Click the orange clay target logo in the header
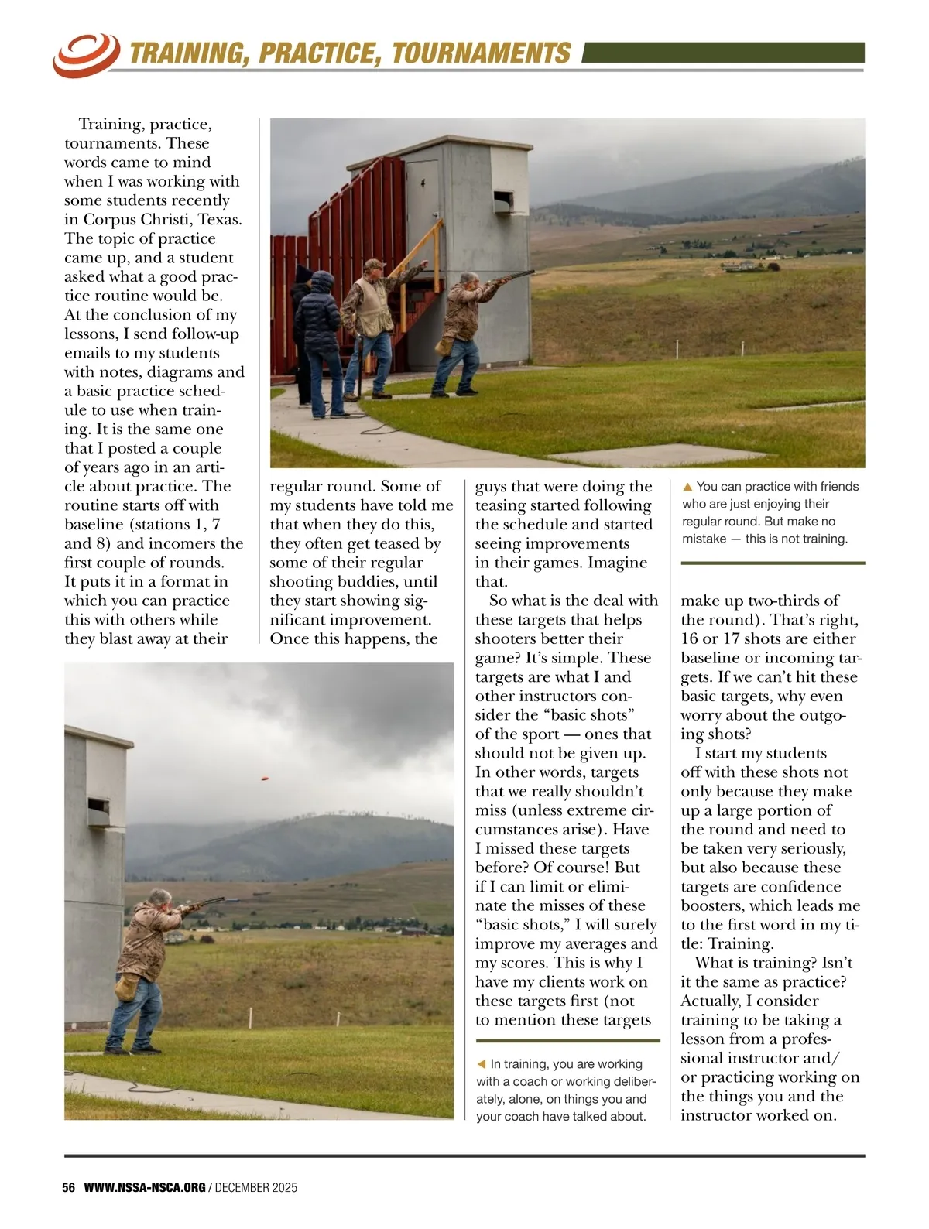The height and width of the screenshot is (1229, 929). click(x=85, y=54)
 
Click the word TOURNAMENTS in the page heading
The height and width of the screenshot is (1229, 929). click(x=481, y=53)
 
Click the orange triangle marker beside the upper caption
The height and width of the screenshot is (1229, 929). click(x=687, y=487)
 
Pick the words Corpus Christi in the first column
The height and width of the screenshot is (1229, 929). click(x=139, y=219)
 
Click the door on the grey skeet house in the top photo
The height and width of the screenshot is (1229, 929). click(x=423, y=201)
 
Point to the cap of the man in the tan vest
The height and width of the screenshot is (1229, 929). click(x=375, y=265)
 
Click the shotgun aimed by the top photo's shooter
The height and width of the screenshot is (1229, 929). click(x=512, y=277)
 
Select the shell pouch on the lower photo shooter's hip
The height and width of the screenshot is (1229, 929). click(x=125, y=987)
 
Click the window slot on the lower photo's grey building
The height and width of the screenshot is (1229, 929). click(x=98, y=808)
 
